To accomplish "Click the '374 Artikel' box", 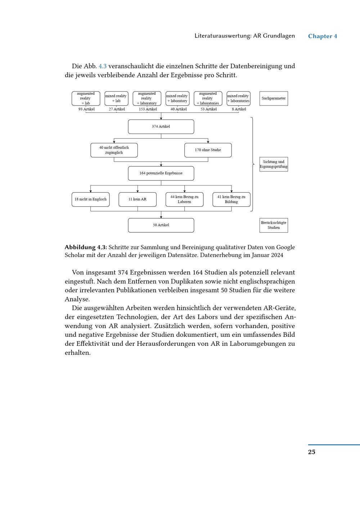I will pos(161,127).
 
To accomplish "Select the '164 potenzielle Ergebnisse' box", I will pos(161,173).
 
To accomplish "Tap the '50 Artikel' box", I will pos(161,225).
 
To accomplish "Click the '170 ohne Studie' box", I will pos(208,150).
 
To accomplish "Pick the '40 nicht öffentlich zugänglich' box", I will pos(114,150).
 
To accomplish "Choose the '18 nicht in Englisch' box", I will pos(90,199).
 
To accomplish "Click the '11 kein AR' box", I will pos(138,199).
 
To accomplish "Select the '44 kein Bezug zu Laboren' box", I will pos(184,199).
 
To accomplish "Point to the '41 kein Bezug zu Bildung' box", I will pos(231,199).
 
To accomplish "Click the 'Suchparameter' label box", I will pos(274,98).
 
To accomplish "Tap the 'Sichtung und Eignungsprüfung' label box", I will pos(274,164).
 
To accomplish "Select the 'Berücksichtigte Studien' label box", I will pos(274,225).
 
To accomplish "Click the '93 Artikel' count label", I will pos(86,109).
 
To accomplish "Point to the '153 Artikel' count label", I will pos(148,109).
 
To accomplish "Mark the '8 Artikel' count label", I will pos(239,109).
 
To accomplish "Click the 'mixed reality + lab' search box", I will pos(116,98).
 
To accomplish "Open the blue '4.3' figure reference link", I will pos(103,66).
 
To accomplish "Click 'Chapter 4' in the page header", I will pos(323,36).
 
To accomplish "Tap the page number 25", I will pos(311,452).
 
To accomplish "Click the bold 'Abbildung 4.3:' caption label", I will pos(86,247).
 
